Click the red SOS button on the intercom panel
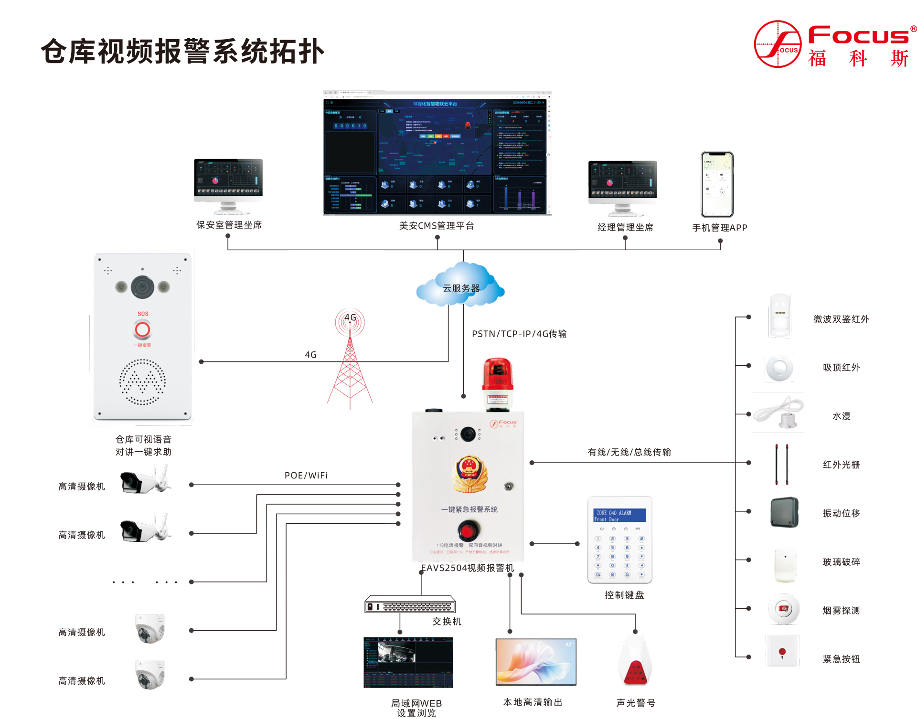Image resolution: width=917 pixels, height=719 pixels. coord(142,329)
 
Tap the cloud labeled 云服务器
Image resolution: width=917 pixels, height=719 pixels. coord(460,286)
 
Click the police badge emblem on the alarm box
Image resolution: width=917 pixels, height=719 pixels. coord(470,474)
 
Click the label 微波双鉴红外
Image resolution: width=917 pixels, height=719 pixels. coord(841,319)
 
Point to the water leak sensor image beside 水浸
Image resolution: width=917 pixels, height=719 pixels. coord(778,413)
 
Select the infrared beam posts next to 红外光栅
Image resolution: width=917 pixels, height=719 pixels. coord(781,464)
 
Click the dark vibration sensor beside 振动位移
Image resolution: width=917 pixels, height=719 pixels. coord(784,512)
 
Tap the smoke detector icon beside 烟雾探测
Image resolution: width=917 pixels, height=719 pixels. coord(783,609)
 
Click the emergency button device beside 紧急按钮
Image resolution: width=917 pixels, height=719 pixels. coord(782,651)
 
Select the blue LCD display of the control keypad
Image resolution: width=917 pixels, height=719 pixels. coord(619,516)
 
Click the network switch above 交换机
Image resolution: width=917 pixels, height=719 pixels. coord(410,605)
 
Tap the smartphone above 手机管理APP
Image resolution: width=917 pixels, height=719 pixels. coord(717,184)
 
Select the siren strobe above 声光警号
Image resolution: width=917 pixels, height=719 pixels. coord(635,661)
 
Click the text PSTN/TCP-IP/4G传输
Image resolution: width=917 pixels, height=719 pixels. coord(519,334)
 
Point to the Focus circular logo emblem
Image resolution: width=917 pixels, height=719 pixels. coord(777,44)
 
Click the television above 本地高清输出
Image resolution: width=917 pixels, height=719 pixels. coord(536,662)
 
